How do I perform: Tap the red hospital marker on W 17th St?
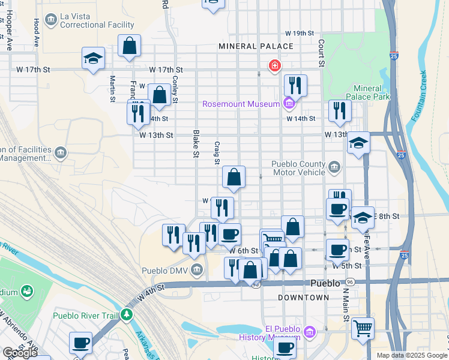click(x=274, y=65)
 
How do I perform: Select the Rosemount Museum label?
click(x=241, y=104)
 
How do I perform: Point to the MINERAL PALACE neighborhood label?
click(x=256, y=46)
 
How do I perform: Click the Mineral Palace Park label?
click(x=367, y=92)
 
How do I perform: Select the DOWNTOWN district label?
click(x=304, y=297)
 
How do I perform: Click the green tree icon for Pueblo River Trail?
click(x=126, y=314)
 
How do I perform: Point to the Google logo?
click(x=20, y=352)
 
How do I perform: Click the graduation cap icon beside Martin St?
click(x=93, y=58)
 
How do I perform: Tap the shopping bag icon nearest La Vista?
click(x=129, y=46)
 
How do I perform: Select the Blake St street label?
click(x=196, y=144)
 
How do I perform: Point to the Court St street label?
click(x=322, y=53)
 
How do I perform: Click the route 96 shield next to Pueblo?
click(x=351, y=282)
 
